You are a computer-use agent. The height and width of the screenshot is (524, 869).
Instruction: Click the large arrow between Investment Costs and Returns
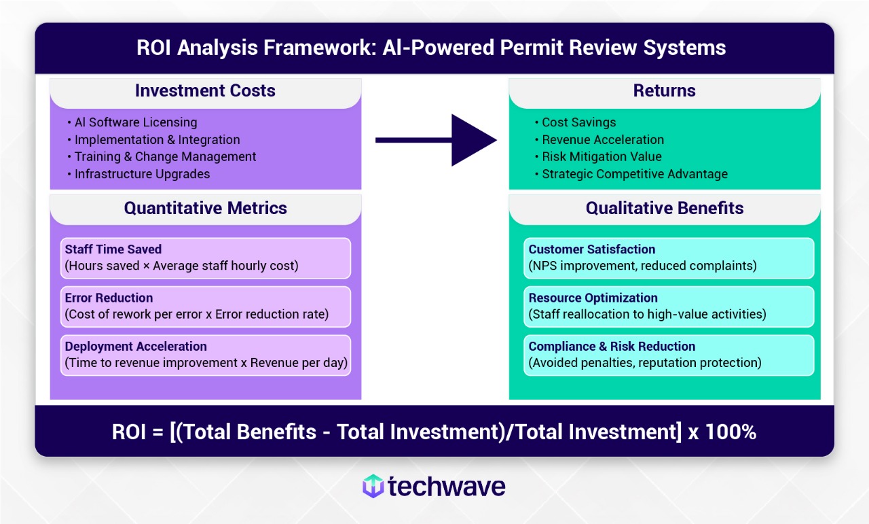pyautogui.click(x=436, y=140)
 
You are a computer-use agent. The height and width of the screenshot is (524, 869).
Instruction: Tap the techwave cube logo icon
pyautogui.click(x=373, y=486)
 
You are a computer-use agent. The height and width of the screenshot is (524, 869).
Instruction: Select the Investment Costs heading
pyautogui.click(x=205, y=90)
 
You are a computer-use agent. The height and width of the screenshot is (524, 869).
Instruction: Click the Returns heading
pyautogui.click(x=665, y=90)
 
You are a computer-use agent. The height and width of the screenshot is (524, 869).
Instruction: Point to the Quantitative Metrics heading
pyautogui.click(x=205, y=208)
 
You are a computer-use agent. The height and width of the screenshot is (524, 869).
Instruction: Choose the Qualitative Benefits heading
pyautogui.click(x=665, y=208)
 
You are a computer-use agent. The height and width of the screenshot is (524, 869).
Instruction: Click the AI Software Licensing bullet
pyautogui.click(x=132, y=122)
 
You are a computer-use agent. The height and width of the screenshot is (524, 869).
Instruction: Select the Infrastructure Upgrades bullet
pyautogui.click(x=138, y=174)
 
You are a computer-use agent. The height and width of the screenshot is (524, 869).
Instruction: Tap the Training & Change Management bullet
pyautogui.click(x=162, y=156)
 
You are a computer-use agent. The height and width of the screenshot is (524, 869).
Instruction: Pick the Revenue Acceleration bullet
pyautogui.click(x=599, y=139)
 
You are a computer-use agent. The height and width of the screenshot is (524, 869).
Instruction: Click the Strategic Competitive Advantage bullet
pyautogui.click(x=631, y=174)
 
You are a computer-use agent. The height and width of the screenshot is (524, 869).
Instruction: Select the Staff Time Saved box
pyautogui.click(x=206, y=258)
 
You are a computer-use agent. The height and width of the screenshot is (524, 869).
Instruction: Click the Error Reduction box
pyautogui.click(x=206, y=307)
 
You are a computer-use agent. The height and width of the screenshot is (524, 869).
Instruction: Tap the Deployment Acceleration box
pyautogui.click(x=206, y=355)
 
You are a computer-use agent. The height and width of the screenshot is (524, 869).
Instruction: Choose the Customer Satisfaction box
pyautogui.click(x=669, y=258)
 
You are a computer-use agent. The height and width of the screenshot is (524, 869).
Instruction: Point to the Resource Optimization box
pyautogui.click(x=669, y=307)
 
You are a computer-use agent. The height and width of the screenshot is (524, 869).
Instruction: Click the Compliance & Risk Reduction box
pyautogui.click(x=669, y=355)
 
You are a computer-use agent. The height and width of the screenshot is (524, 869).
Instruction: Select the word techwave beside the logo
pyautogui.click(x=447, y=487)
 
